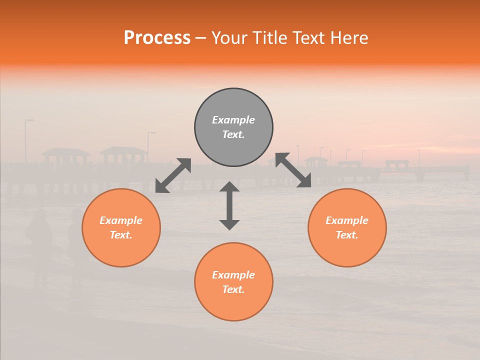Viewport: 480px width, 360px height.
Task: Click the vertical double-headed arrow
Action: point(229,205)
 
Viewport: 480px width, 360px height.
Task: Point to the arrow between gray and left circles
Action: point(173,175)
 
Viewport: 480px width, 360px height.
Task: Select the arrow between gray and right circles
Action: point(293,170)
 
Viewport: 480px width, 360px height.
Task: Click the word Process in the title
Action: point(157,37)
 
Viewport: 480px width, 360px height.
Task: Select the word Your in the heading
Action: point(228,37)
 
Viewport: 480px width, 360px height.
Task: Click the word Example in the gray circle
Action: point(233,120)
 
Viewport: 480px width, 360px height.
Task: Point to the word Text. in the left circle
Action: point(121,235)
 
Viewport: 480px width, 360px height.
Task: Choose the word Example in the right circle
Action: point(347,220)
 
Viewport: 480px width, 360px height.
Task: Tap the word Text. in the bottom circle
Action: point(233,289)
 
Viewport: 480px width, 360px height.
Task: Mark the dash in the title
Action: point(201,38)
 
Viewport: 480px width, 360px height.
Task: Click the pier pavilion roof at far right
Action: point(397,162)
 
